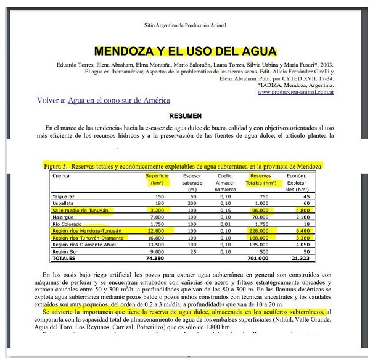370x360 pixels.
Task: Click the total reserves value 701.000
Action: (x=261, y=259)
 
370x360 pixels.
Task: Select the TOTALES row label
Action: (x=65, y=259)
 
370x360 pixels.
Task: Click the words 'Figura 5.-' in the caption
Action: (x=58, y=167)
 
